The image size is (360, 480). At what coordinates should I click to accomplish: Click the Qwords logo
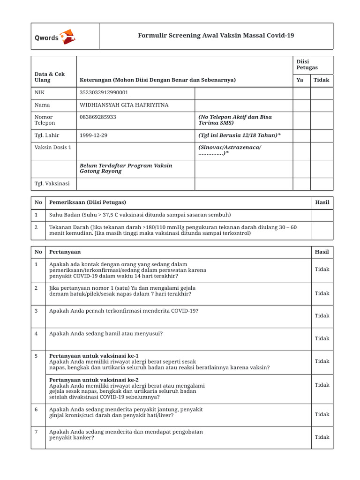click(x=54, y=37)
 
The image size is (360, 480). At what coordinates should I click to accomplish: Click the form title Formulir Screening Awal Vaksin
click(x=216, y=36)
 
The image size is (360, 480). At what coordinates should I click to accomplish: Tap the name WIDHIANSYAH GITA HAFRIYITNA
click(x=123, y=105)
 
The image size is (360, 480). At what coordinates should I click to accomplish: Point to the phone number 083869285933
click(x=98, y=117)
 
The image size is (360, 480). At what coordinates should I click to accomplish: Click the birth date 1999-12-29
click(x=94, y=135)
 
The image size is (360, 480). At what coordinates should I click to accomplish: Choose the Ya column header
click(x=300, y=80)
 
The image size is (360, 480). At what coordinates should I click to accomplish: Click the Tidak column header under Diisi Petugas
click(x=322, y=80)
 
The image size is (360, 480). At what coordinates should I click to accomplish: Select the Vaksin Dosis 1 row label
click(x=53, y=148)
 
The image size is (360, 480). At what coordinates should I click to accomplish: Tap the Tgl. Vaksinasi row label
click(x=52, y=184)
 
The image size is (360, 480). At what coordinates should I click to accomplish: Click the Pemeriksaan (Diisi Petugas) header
click(x=88, y=202)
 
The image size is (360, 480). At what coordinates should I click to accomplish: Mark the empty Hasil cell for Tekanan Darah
click(x=322, y=230)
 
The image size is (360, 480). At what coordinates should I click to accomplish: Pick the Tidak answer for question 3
click(x=322, y=316)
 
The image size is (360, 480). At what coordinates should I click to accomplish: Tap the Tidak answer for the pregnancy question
click(x=322, y=338)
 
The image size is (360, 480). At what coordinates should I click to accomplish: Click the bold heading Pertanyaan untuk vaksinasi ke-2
click(x=94, y=380)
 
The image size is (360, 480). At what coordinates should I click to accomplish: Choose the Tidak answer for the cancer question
click(x=322, y=437)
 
